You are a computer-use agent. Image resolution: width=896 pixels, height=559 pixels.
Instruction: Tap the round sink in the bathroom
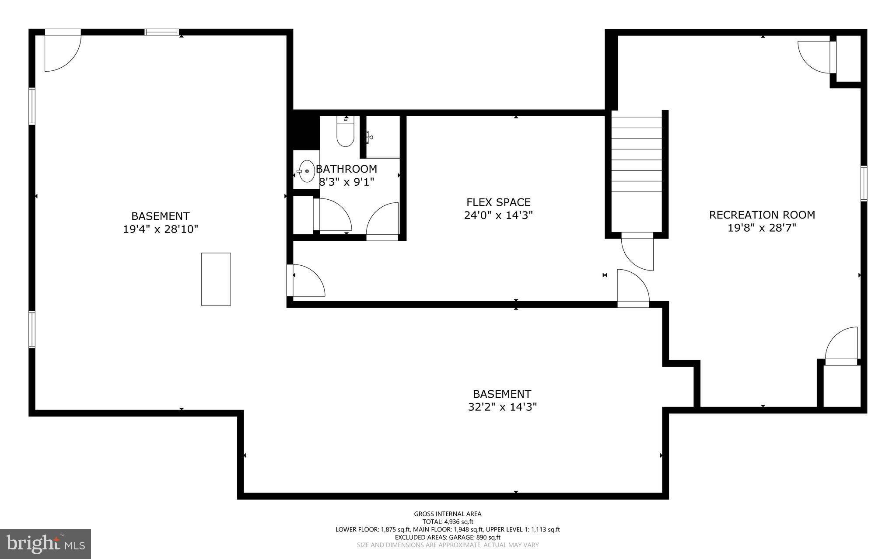tap(307, 171)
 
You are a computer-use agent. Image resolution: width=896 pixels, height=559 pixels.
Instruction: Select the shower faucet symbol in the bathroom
tap(370, 137)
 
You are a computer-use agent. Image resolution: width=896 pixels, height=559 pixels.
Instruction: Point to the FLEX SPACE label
tap(498, 202)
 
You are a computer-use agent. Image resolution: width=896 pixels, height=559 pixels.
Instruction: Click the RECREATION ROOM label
tap(762, 215)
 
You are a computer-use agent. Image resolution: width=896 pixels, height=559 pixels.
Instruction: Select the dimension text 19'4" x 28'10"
tap(161, 229)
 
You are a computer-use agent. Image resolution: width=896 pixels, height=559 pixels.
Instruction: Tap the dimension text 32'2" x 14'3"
tap(502, 407)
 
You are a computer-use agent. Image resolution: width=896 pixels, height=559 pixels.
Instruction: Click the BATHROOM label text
tap(346, 169)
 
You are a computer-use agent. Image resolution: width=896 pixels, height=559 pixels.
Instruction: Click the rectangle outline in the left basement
tap(216, 279)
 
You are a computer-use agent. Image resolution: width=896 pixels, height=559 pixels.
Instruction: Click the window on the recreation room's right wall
tap(863, 183)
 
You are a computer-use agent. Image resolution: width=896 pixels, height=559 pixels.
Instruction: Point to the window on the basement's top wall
tap(162, 32)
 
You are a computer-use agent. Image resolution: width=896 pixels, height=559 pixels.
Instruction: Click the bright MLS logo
tap(45, 544)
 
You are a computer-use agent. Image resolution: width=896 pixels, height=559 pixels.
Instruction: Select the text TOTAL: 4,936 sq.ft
tap(448, 521)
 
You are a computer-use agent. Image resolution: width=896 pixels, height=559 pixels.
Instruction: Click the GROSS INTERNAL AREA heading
tap(448, 514)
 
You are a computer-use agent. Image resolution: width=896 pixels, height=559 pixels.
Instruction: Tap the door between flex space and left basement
tap(306, 281)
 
